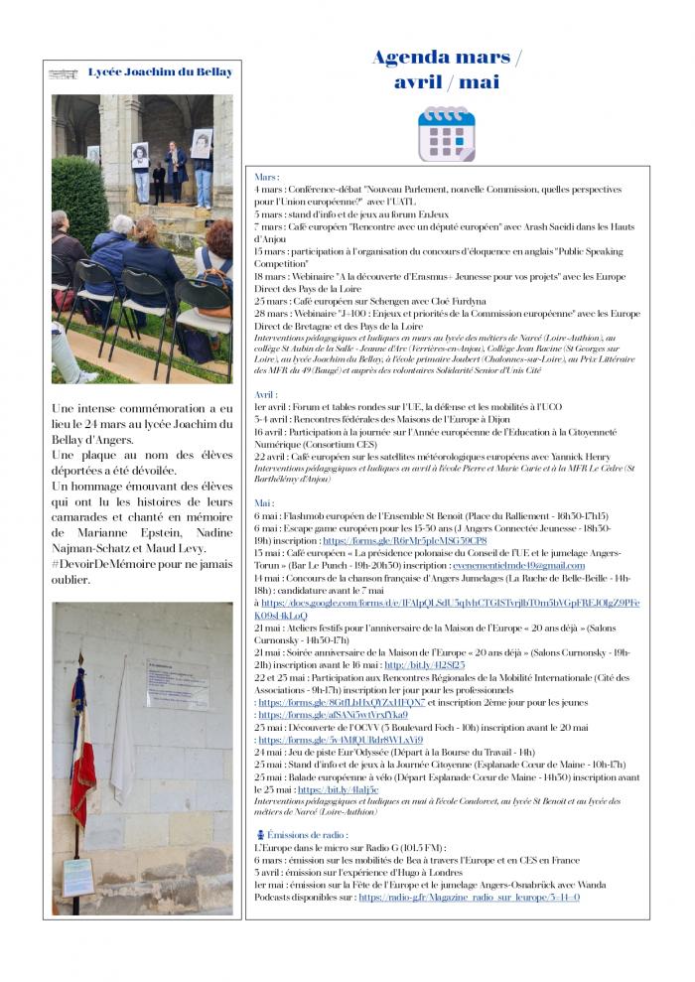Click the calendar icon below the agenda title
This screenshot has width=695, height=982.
point(446,133)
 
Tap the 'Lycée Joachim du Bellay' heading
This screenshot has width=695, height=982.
point(160,72)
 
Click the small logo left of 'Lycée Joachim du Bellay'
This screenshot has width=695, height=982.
point(64,73)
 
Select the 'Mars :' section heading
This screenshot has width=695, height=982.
point(267,177)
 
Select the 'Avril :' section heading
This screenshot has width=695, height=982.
point(266,394)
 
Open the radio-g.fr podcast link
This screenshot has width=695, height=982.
point(469,897)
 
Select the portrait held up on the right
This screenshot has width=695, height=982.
point(202,144)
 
